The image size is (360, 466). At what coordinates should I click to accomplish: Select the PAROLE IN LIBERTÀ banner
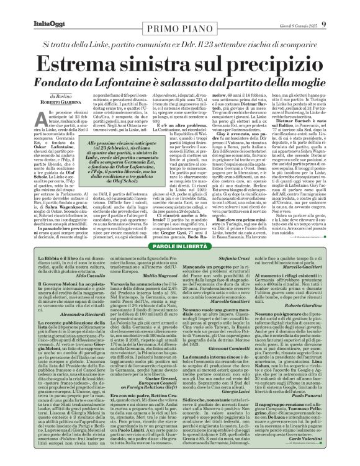[179, 248]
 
